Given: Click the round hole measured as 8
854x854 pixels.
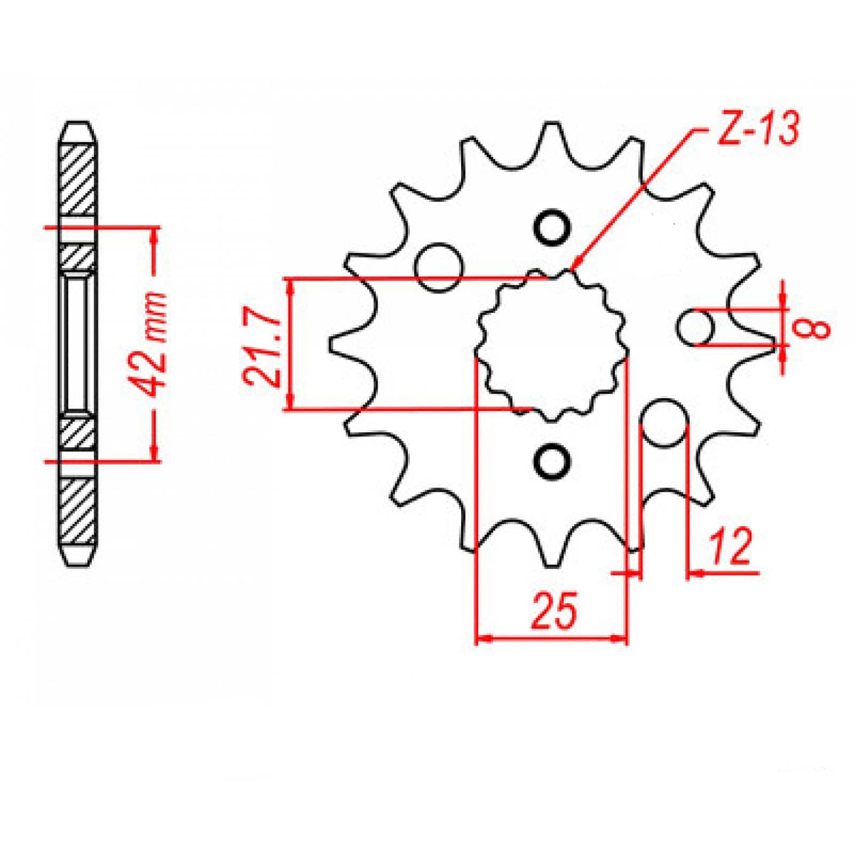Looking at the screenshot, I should click(x=698, y=327).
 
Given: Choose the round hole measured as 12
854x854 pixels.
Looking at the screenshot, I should click(x=664, y=422).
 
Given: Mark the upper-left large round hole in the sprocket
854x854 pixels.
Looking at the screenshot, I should click(x=439, y=266).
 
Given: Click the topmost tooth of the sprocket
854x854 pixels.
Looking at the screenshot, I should click(x=545, y=133).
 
